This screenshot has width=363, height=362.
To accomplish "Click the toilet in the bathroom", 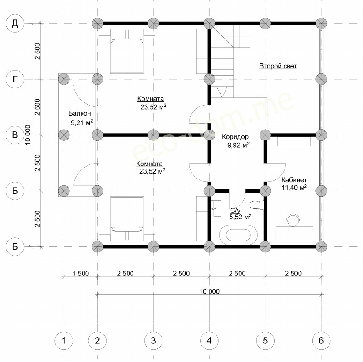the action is point(256,205).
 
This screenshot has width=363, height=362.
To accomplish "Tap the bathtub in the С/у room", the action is point(238,235).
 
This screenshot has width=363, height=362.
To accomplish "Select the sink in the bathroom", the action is point(217,208).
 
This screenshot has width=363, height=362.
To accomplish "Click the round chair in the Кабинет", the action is point(293,220).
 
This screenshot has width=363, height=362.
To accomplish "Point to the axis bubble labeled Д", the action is point(15,24).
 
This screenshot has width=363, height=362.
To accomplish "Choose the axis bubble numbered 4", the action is point(209,341).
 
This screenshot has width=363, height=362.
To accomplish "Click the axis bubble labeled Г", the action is point(15,79).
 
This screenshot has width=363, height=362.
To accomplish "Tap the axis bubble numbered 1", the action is point(64,341).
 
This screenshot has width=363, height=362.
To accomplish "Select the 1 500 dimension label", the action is point(81,274).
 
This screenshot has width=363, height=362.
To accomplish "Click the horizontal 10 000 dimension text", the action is point(209,291).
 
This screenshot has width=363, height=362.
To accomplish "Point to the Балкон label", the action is point(80,113).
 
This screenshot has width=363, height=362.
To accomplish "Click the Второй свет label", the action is point(278,66).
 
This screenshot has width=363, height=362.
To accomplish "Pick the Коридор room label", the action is point(235,137).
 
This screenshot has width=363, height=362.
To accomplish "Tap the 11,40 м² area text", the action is point(294,187).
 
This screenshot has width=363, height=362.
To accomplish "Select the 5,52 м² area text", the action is point(240,217).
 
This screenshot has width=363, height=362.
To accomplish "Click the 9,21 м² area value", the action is point(82,122).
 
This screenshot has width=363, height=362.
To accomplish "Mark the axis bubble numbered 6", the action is point(321,341).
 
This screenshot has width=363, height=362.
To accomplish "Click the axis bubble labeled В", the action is point(15,135).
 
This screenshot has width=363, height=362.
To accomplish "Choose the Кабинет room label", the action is point(294,180).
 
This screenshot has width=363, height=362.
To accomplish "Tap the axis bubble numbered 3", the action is point(153,341).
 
